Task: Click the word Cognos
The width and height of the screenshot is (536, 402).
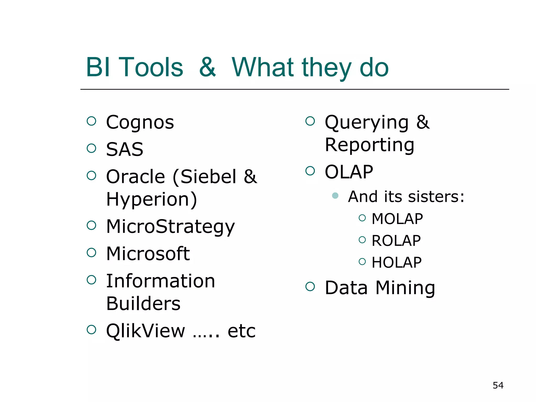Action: click(x=140, y=122)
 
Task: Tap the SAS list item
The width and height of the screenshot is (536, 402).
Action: click(x=125, y=149)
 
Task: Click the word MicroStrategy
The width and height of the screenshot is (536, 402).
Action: click(x=170, y=226)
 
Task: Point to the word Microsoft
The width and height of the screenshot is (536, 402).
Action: click(x=148, y=254)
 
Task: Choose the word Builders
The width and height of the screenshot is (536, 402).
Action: click(x=143, y=304)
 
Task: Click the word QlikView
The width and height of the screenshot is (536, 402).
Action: click(x=146, y=331)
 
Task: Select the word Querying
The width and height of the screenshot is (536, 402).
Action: click(x=366, y=122)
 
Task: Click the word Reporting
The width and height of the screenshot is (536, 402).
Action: click(x=370, y=145)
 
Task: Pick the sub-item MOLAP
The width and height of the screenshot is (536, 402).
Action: click(x=397, y=219)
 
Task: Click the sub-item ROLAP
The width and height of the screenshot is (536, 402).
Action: click(x=396, y=241)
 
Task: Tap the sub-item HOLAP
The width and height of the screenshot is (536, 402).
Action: click(x=397, y=263)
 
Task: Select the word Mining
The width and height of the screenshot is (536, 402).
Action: click(x=405, y=288)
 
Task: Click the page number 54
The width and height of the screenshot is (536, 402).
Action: click(x=498, y=385)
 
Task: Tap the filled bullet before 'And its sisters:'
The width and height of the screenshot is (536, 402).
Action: click(x=335, y=196)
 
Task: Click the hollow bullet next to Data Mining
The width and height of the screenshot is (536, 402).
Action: click(x=310, y=286)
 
